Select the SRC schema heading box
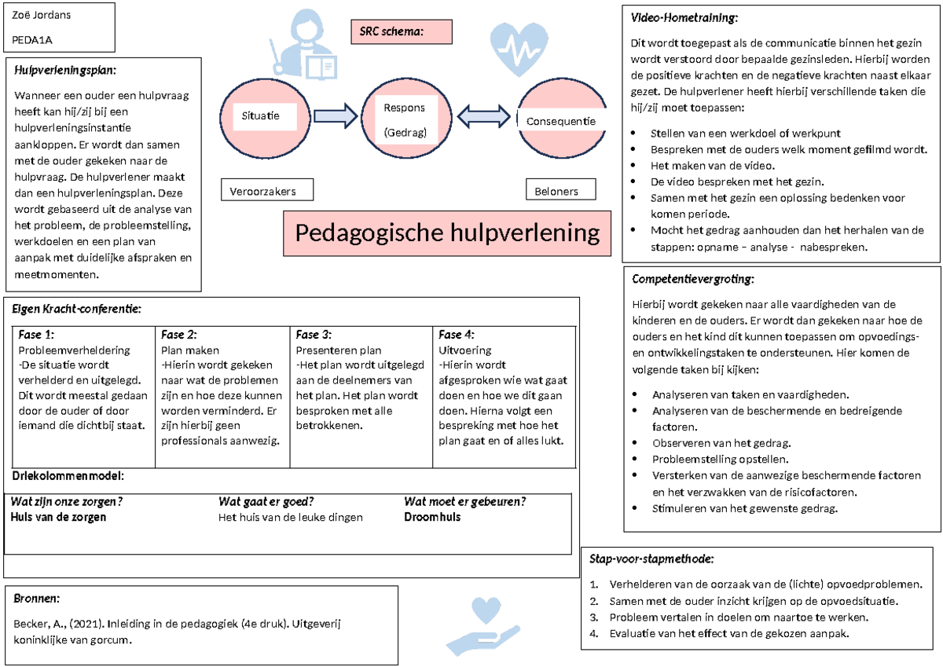[x=401, y=31]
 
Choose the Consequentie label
[x=560, y=121]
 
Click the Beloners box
[x=560, y=191]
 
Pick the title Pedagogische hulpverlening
[x=447, y=233]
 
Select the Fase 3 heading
[x=314, y=335]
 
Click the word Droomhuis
[x=432, y=517]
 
